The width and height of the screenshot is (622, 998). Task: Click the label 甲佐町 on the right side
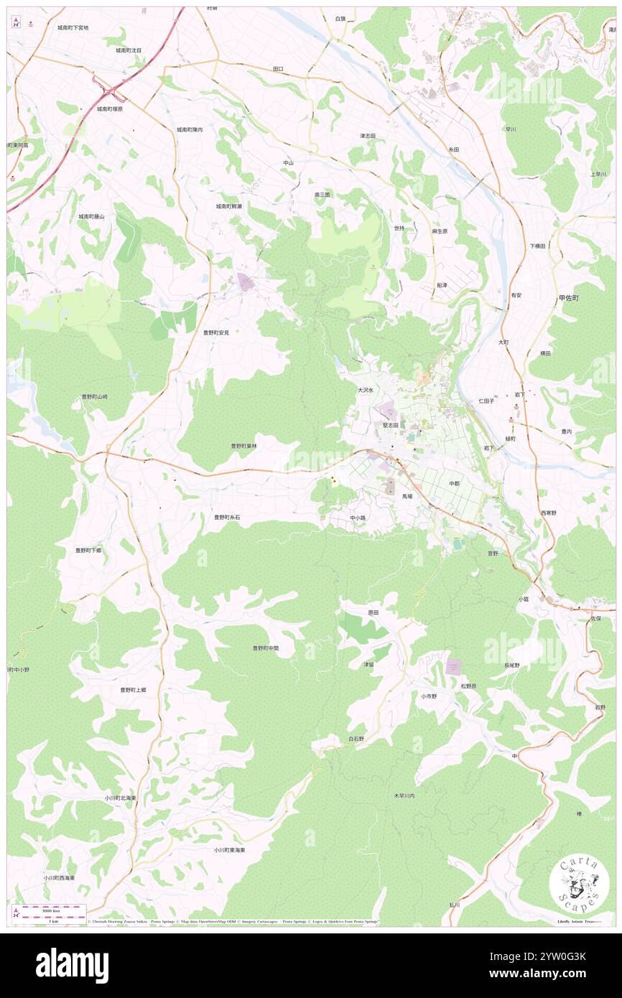coord(568,297)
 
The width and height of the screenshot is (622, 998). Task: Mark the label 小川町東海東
coord(229,849)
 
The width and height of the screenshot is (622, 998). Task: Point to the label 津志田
coord(368,136)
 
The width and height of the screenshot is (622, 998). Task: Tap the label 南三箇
coord(322,195)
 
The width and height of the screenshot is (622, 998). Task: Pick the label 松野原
coord(468,686)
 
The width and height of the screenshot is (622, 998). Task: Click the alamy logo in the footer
coord(72,965)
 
